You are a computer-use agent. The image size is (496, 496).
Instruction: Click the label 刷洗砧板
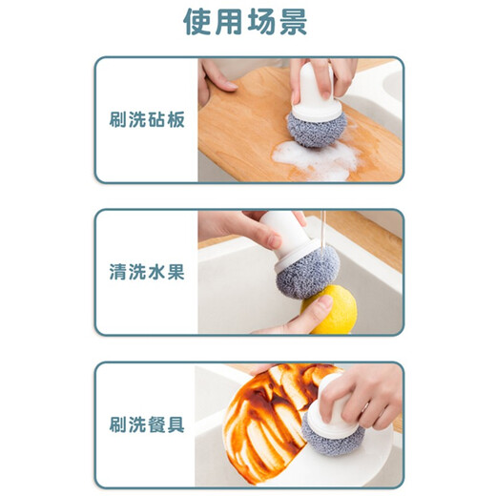tap(146, 122)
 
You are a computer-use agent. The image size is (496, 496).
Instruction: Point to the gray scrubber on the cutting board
tap(312, 126)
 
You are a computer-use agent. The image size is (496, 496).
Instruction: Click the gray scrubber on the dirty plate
tap(332, 430)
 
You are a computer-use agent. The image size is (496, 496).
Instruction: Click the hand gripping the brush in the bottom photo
tap(367, 391)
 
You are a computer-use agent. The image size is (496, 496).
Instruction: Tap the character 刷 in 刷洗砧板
tap(116, 122)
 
